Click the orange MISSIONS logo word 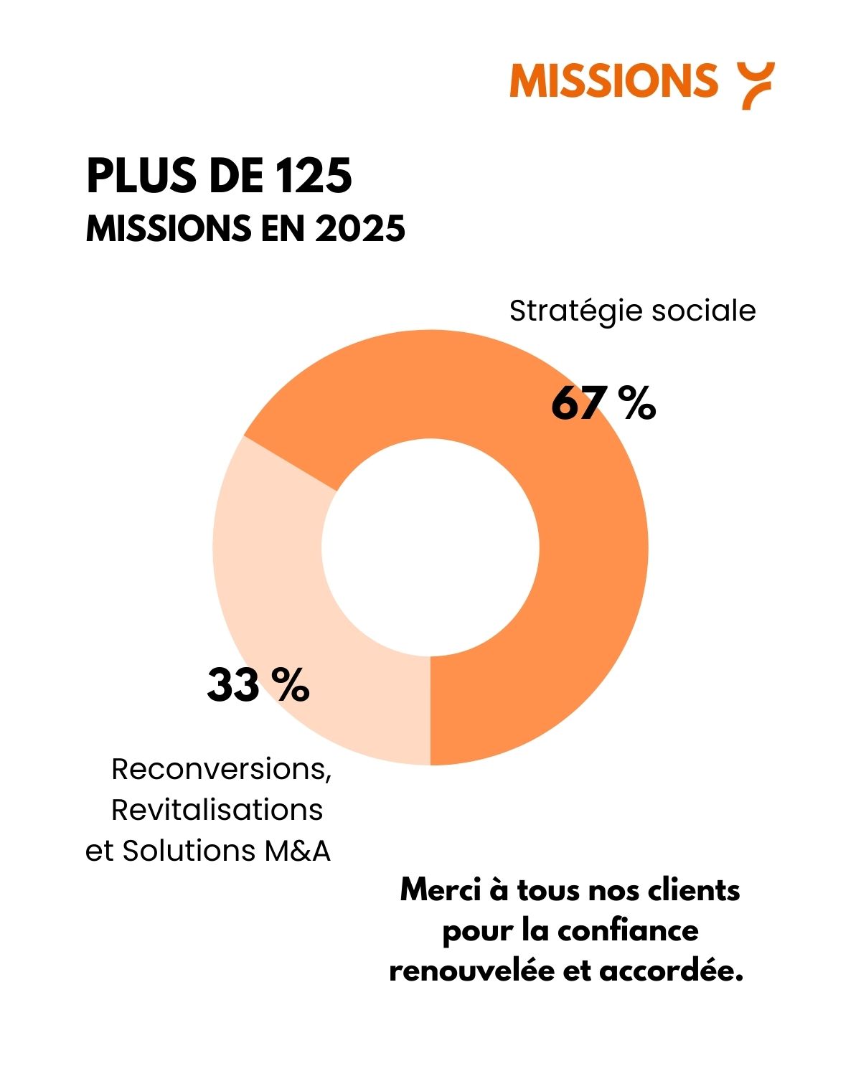point(613,80)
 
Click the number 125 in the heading point(314,176)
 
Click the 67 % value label point(603,403)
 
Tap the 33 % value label point(258,685)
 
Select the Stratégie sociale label point(632,311)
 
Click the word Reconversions point(221,769)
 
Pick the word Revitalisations point(217,810)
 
